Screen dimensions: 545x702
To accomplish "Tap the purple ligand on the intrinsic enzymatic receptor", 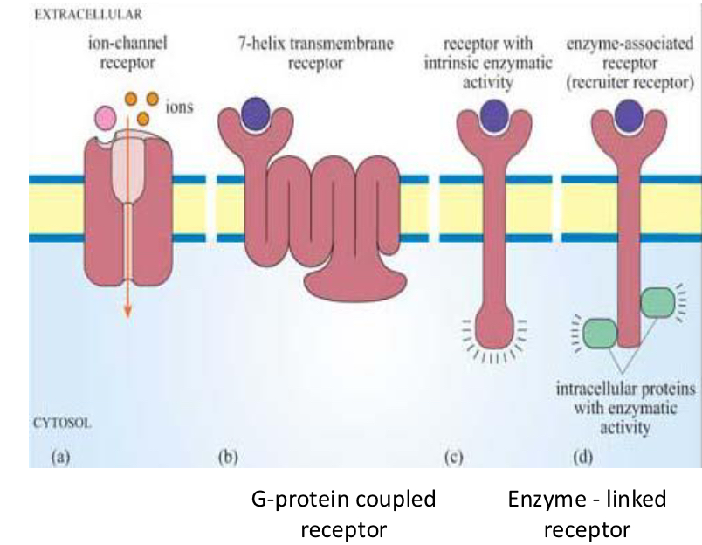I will (x=494, y=114).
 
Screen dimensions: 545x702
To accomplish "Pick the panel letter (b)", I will (x=227, y=455).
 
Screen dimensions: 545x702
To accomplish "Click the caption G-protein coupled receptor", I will (x=342, y=514).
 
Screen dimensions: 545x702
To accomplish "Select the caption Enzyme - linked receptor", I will (x=587, y=514).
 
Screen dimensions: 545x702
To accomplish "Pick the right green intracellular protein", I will (x=656, y=302).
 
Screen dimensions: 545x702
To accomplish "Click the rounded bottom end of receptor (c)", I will (x=494, y=328).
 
